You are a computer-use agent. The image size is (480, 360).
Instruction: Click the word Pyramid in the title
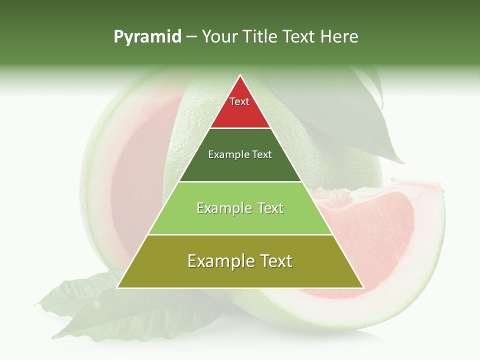147,37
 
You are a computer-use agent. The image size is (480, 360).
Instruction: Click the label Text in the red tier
239,101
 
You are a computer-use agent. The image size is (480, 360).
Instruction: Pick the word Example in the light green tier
218,208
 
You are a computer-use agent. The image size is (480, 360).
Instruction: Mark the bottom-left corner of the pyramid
117,287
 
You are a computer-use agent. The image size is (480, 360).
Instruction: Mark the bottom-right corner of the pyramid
363,287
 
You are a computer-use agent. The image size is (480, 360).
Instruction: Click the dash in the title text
191,37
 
